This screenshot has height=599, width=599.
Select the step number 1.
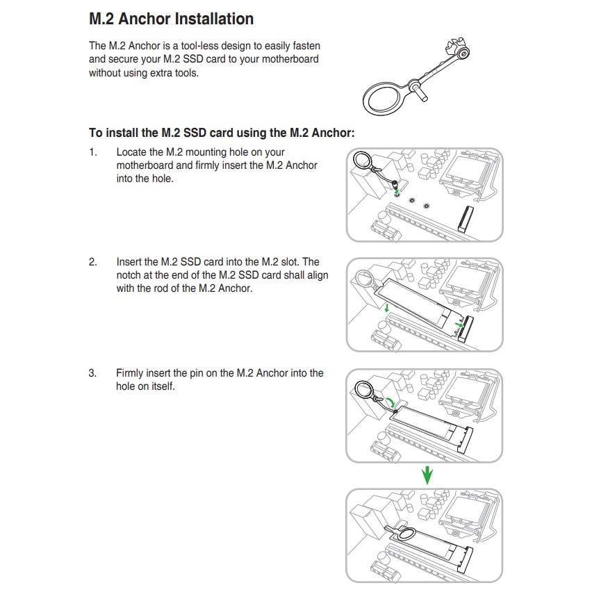click(92, 151)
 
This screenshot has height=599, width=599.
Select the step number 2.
click(92, 262)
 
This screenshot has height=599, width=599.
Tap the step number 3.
click(92, 373)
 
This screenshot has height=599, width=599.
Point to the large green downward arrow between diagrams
click(428, 475)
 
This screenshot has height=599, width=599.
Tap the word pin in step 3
click(209, 373)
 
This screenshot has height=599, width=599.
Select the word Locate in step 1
click(131, 151)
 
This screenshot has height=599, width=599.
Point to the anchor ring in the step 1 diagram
click(362, 161)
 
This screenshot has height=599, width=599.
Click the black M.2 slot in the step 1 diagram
click(464, 217)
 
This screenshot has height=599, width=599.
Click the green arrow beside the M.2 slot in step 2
click(457, 325)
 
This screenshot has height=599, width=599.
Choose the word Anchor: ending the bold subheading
click(334, 133)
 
